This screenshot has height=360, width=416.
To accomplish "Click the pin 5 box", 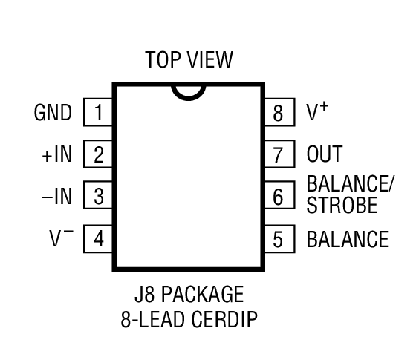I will click(279, 239).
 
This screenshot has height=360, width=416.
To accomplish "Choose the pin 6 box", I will click(279, 197).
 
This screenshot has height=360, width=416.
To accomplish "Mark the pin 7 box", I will click(279, 155).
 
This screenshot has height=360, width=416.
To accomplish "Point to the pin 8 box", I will click(279, 113).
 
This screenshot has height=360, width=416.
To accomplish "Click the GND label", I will click(53, 113).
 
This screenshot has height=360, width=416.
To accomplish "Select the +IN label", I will click(57, 155).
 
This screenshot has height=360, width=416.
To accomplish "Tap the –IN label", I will click(57, 197).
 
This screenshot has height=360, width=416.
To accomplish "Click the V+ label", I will click(317, 111).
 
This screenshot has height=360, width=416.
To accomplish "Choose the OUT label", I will click(325, 155).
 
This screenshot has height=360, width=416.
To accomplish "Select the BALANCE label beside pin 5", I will click(347, 239).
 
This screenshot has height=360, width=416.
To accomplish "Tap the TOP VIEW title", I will click(189, 60).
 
